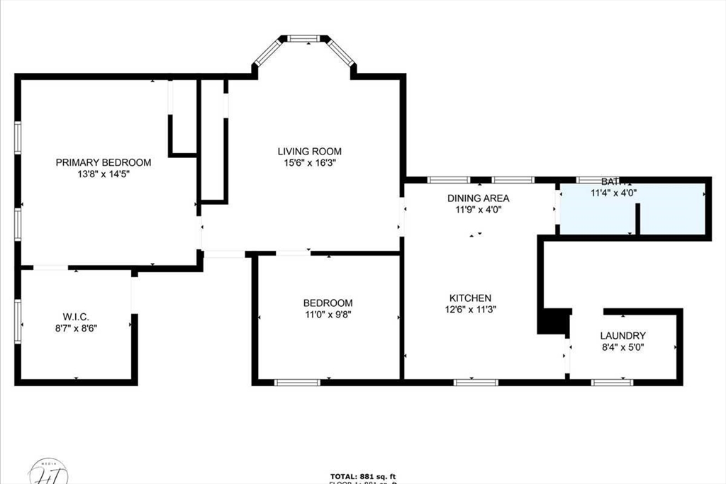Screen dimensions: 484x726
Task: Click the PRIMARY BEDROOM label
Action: pyautogui.click(x=104, y=162)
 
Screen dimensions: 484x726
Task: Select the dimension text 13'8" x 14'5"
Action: pyautogui.click(x=104, y=174)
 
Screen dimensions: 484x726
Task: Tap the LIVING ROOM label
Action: pyautogui.click(x=309, y=151)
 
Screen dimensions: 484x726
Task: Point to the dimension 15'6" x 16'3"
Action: pyautogui.click(x=309, y=162)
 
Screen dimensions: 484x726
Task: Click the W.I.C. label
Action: pyautogui.click(x=75, y=316)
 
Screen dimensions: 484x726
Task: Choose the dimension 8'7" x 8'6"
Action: pyautogui.click(x=75, y=327)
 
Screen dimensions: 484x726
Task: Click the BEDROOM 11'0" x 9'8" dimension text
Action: pyautogui.click(x=328, y=314)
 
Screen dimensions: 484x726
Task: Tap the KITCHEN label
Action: pyautogui.click(x=470, y=298)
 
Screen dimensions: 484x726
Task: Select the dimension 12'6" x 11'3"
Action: pyautogui.click(x=470, y=309)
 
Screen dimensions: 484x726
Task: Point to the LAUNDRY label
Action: pyautogui.click(x=622, y=336)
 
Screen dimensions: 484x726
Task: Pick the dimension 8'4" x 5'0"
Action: pyautogui.click(x=622, y=347)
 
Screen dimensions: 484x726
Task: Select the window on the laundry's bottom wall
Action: pyautogui.click(x=612, y=383)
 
